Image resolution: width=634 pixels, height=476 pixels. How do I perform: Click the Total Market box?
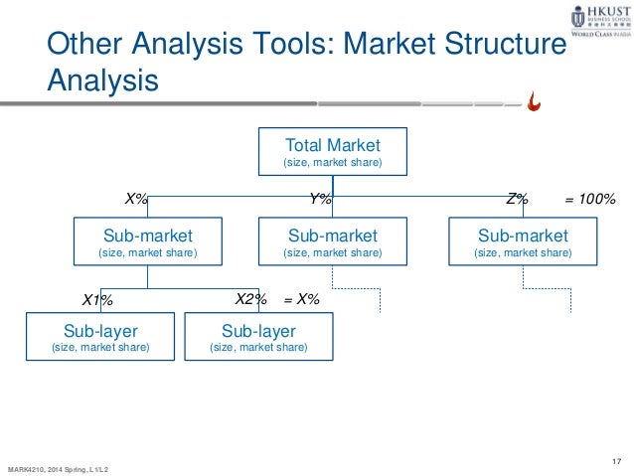[x=333, y=151]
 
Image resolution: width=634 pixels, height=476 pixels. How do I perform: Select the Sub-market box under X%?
[x=148, y=242]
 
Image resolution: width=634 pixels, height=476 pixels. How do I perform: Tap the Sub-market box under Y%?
[x=333, y=242]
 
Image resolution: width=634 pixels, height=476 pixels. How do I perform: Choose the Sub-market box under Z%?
[x=523, y=242]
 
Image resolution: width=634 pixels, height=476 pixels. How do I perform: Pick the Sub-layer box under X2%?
[x=258, y=338]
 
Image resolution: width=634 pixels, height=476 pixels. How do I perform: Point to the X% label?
[x=136, y=199]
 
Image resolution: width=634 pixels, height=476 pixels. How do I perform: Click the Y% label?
[x=320, y=199]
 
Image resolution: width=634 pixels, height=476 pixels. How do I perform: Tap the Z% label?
[x=517, y=199]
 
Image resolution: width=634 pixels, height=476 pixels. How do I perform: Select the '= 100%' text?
[x=590, y=199]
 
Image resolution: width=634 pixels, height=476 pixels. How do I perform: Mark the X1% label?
[x=97, y=299]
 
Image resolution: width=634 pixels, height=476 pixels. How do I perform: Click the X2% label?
[x=251, y=298]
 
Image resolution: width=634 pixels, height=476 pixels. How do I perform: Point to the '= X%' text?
[x=301, y=298]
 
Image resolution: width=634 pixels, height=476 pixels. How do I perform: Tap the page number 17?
[x=618, y=456]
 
